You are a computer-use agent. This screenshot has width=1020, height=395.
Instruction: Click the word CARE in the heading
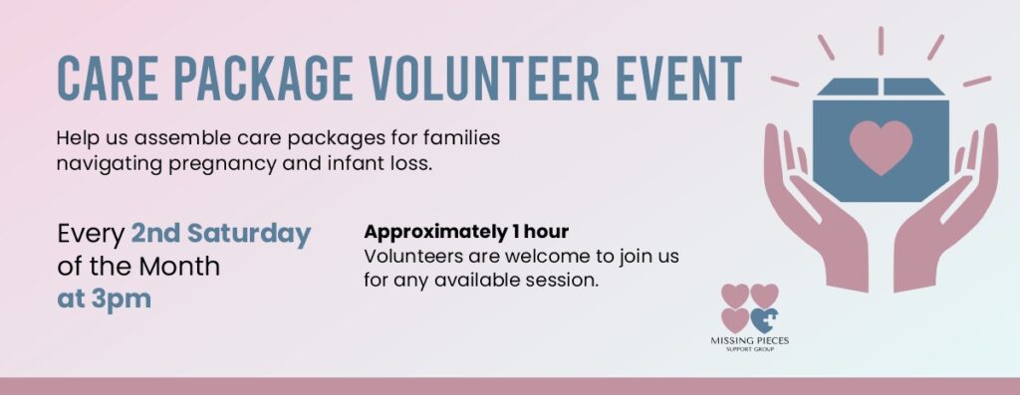108,78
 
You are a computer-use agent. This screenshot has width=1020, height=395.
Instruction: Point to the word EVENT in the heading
678,78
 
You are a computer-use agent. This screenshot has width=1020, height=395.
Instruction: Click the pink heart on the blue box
881,146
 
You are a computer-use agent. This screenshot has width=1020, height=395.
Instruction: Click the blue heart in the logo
764,320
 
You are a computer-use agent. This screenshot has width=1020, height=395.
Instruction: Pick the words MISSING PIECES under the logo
749,341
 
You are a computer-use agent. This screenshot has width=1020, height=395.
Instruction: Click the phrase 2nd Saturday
221,234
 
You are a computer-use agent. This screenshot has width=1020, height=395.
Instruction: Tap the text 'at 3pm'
104,298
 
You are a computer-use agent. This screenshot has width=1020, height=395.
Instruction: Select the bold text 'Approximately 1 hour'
466,231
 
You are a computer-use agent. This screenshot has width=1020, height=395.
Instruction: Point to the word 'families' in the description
461,138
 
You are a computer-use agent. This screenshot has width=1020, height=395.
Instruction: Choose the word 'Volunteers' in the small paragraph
407,256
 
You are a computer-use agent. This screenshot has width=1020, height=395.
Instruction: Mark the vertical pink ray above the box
881,41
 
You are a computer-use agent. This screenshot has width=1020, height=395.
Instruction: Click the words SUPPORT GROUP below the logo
749,350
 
